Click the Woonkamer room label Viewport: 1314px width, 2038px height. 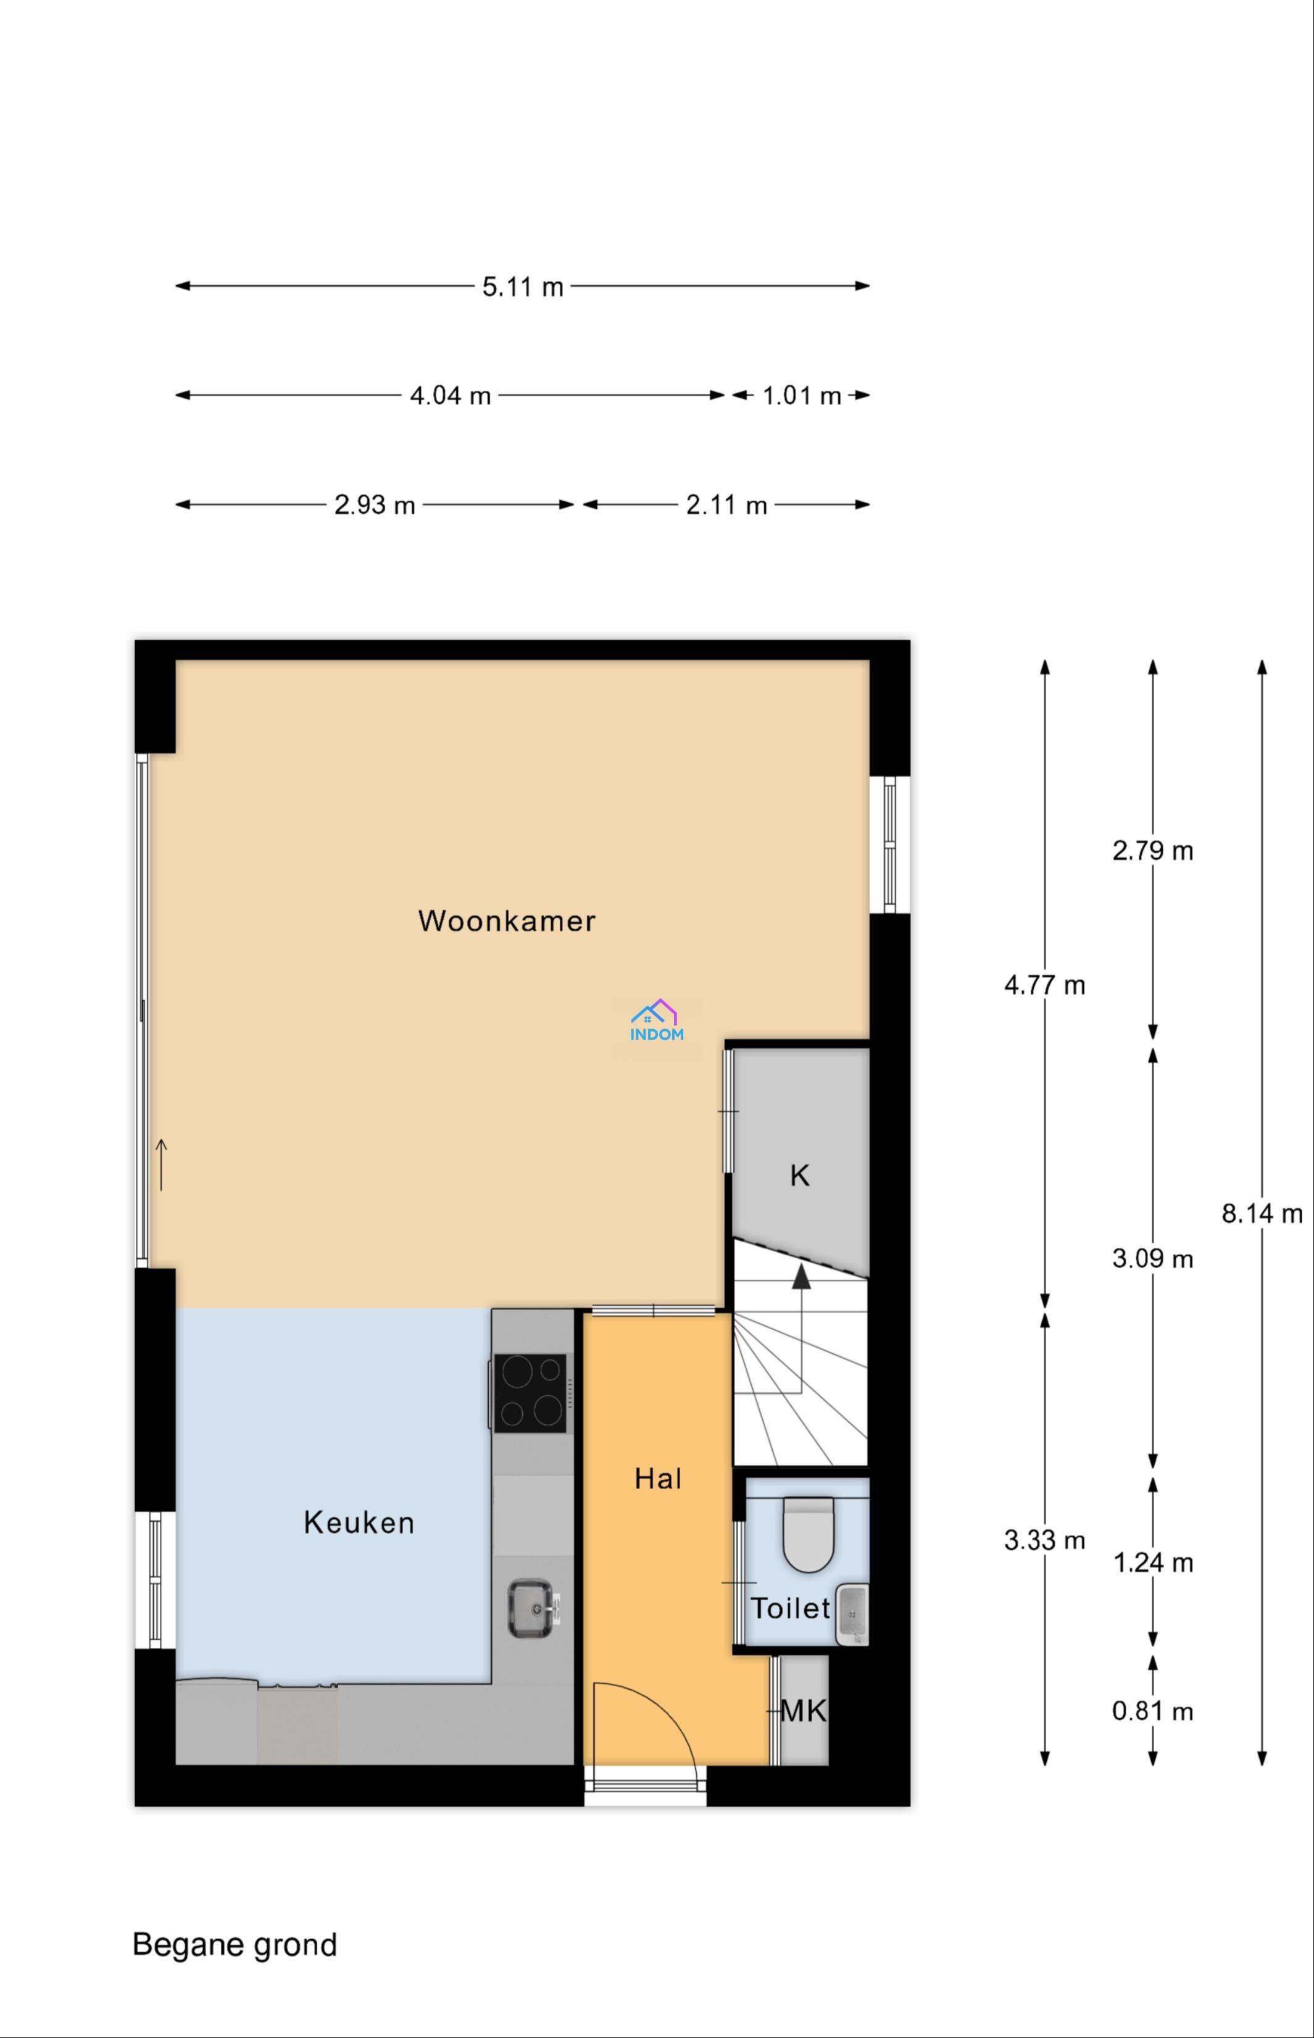click(507, 921)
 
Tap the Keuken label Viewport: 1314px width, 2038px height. click(359, 1522)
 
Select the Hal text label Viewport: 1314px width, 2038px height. click(658, 1478)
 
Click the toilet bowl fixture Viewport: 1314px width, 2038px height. click(808, 1534)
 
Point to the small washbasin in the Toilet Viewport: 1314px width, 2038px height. click(852, 1614)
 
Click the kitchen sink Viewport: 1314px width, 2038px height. click(531, 1609)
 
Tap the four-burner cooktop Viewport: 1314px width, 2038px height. click(530, 1393)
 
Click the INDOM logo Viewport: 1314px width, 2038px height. click(657, 1021)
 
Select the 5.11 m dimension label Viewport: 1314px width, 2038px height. click(523, 286)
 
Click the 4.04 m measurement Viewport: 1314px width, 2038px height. click(451, 396)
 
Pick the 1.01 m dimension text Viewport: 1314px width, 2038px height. click(802, 396)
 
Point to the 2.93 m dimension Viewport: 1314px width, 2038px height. click(375, 505)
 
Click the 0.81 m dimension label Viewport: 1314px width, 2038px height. click(1153, 1711)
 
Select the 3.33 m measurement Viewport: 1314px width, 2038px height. click(1044, 1540)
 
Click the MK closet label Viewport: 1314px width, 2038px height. click(804, 1710)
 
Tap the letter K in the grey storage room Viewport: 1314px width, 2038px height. click(799, 1176)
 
